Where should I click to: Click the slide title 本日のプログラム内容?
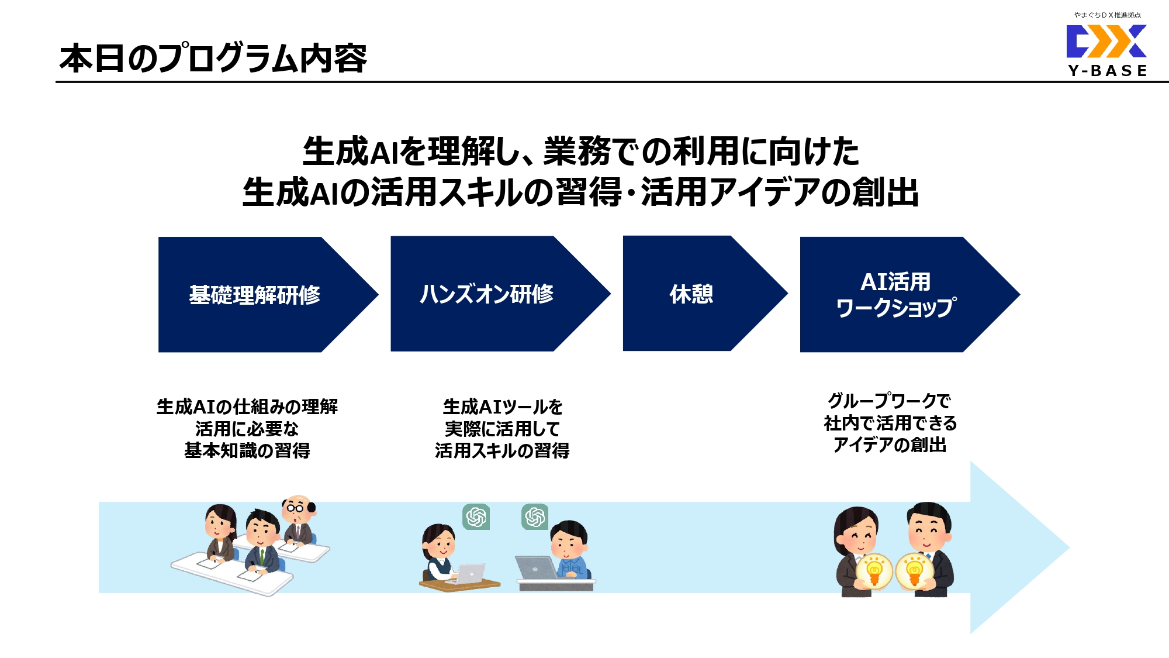pos(213,58)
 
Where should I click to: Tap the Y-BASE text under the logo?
pos(1107,71)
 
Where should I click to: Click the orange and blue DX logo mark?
pos(1106,41)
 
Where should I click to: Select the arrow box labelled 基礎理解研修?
pos(255,294)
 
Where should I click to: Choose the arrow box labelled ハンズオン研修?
pos(487,294)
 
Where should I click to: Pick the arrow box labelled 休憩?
pos(691,294)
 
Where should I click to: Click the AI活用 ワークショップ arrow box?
pos(895,294)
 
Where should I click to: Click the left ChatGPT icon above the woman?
pos(476,517)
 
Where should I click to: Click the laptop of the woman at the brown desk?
pos(471,574)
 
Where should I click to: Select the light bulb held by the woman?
pos(874,571)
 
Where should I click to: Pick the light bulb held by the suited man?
pos(914,570)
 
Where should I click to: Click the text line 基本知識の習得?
pos(247,450)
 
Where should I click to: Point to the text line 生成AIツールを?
pos(503,406)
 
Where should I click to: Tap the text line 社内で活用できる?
pos(890,423)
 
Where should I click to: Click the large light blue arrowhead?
pos(1017,547)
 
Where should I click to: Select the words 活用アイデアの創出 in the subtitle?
pos(780,192)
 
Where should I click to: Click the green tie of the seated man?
pos(262,556)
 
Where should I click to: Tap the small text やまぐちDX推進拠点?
pos(1107,15)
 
